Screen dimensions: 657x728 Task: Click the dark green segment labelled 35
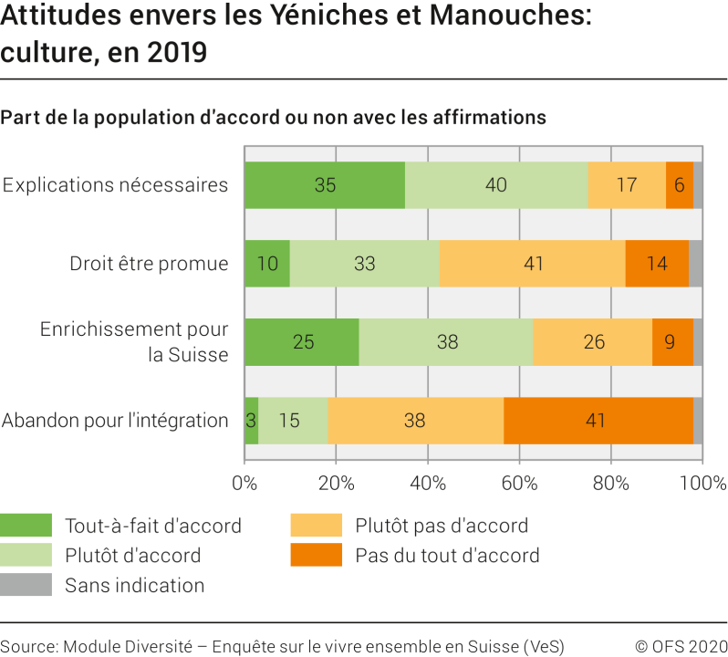click(x=325, y=185)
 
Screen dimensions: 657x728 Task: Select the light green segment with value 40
click(x=496, y=185)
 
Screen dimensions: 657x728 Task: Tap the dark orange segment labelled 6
click(x=680, y=185)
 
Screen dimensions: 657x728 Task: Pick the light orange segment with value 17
click(x=627, y=185)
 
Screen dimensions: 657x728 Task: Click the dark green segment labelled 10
click(x=267, y=264)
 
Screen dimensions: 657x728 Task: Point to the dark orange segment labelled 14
click(x=657, y=264)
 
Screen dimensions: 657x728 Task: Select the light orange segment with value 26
click(x=592, y=342)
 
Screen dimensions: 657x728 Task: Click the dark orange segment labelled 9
click(x=672, y=342)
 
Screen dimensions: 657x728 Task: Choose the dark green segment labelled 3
click(x=251, y=421)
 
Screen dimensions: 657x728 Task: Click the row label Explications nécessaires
click(x=115, y=185)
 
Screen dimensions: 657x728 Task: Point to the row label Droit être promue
click(x=149, y=264)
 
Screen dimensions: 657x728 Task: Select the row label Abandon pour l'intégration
click(x=115, y=421)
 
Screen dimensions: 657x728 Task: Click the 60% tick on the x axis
click(x=519, y=483)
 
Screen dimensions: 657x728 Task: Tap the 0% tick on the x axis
click(x=244, y=483)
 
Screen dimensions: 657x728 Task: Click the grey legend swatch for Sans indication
click(x=26, y=585)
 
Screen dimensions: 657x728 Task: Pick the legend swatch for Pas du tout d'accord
click(x=316, y=555)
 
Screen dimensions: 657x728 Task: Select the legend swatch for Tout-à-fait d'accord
click(x=26, y=526)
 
